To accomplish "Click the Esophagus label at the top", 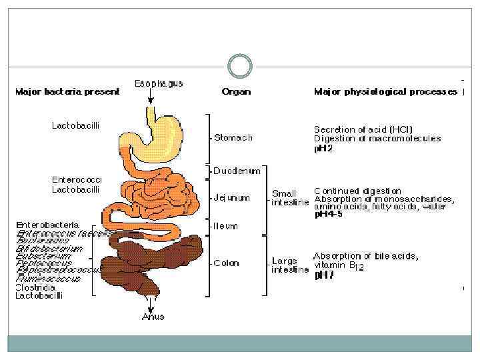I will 159,84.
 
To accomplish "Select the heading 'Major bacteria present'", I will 67,92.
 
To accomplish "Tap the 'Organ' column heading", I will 236,92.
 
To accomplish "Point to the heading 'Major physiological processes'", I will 385,92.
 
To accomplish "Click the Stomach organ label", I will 233,138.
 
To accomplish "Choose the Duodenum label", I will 237,171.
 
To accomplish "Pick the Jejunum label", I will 232,197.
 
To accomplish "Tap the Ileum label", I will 225,226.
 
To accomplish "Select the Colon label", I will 226,263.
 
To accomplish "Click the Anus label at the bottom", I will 153,317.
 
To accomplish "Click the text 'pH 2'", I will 323,149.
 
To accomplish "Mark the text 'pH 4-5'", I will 329,215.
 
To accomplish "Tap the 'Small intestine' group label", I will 289,198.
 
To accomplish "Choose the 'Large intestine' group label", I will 289,265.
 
